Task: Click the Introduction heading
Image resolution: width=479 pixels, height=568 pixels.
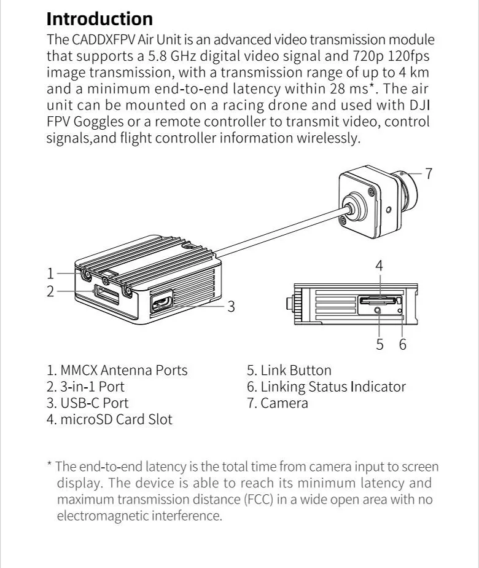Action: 99,18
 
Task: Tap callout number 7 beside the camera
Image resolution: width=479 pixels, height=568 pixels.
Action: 429,174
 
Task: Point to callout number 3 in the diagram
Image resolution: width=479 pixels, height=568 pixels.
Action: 231,306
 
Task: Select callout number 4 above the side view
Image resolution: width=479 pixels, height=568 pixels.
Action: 379,266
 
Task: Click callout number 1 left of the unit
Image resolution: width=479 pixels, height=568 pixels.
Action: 51,273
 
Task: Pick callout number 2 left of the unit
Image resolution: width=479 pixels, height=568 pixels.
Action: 51,291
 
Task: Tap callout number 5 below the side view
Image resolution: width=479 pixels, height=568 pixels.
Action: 380,344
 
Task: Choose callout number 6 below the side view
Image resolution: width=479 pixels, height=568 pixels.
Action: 402,344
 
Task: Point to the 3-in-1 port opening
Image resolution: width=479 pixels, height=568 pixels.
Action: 106,293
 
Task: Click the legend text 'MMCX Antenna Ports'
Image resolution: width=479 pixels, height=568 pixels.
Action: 123,370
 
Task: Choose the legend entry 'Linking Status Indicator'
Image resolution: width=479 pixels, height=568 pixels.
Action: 333,387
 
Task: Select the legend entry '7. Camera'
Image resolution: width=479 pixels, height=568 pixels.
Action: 278,403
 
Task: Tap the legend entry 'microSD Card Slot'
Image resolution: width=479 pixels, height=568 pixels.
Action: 116,420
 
